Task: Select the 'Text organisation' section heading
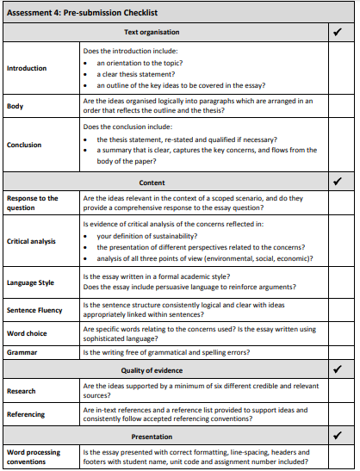pyautogui.click(x=152, y=32)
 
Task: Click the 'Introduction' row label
pyautogui.click(x=27, y=68)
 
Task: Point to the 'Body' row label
pyautogui.click(x=16, y=106)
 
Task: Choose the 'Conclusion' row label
pyautogui.click(x=24, y=145)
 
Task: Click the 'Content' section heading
pyautogui.click(x=152, y=183)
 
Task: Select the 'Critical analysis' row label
pyautogui.click(x=32, y=241)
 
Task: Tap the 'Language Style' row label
pyautogui.click(x=30, y=282)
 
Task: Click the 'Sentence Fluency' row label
pyautogui.click(x=34, y=310)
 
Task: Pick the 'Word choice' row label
pyautogui.click(x=28, y=333)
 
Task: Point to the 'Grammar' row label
pyautogui.click(x=22, y=352)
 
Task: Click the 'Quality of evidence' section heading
pyautogui.click(x=152, y=370)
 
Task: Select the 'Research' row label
pyautogui.click(x=22, y=391)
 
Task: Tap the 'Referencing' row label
pyautogui.click(x=27, y=414)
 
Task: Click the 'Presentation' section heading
pyautogui.click(x=152, y=436)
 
